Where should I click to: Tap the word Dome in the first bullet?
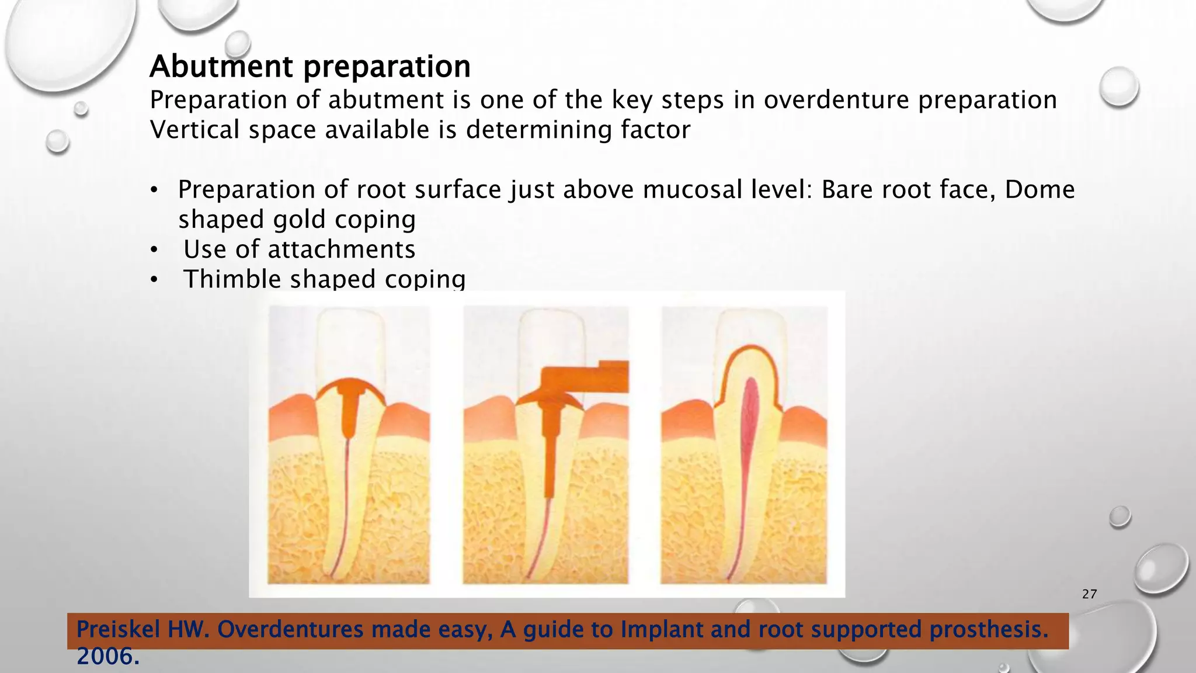click(x=1039, y=190)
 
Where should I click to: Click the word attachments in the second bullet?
click(x=341, y=250)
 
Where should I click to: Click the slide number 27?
click(x=1089, y=594)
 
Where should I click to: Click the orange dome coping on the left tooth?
click(x=349, y=386)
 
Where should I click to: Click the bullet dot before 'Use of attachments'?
click(x=154, y=251)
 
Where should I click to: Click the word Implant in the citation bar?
click(x=649, y=630)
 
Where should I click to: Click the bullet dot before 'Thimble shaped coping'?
click(x=154, y=280)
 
